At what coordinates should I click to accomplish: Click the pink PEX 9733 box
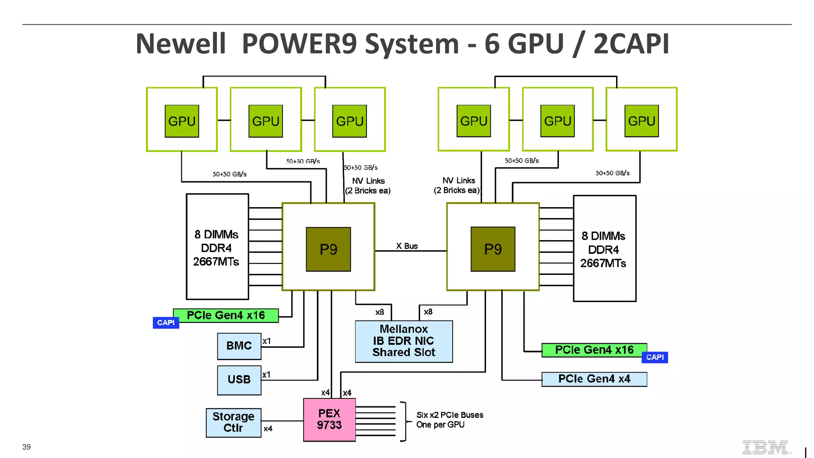329,419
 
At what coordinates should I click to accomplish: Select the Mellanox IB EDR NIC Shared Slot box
403,341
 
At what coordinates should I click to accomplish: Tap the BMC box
239,346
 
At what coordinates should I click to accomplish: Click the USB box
239,380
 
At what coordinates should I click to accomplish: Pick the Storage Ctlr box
233,423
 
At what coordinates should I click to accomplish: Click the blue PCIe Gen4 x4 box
594,379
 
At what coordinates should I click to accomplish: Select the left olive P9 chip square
328,249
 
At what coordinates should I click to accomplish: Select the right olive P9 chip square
493,249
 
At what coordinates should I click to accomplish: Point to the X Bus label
407,246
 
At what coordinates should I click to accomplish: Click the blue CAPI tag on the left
166,323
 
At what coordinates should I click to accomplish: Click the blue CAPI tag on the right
655,357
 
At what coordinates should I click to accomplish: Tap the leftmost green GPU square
182,121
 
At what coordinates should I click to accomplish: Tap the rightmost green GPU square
642,121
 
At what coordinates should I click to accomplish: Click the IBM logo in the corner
766,447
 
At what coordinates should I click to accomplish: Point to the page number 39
26,447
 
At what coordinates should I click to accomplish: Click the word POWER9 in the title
299,44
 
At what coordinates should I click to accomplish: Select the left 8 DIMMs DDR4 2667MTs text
216,248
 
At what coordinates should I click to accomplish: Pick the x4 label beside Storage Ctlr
268,429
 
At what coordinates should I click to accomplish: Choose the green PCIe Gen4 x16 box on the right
594,350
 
